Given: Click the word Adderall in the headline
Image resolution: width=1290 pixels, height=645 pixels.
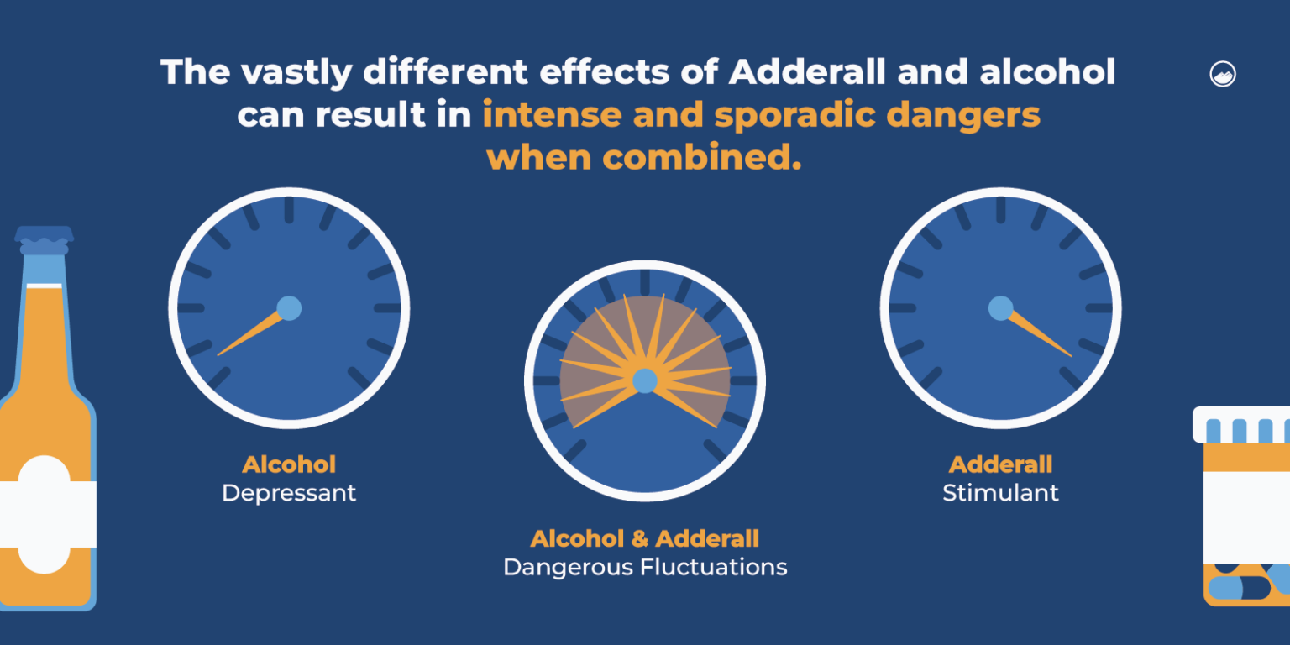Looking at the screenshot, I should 807,72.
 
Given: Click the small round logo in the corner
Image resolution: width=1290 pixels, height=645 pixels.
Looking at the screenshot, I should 1222,74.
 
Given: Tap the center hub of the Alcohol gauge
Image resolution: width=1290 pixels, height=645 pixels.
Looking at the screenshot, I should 288,308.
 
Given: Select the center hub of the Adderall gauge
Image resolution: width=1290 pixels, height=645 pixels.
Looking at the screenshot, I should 1000,308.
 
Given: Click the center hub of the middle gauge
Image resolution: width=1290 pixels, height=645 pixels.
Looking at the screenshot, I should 644,381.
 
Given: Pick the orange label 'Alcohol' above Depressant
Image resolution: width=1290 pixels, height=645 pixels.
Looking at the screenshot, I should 289,464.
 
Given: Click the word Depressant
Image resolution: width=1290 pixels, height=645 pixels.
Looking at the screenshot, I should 289,493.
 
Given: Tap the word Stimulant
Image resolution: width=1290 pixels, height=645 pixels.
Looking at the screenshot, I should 1000,493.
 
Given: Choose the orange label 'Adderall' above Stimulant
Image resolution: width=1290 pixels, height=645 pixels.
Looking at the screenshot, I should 1000,464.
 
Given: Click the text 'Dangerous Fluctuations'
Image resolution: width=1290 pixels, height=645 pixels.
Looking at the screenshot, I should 645,568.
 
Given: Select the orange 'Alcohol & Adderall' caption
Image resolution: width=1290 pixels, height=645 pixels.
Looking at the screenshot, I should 645,538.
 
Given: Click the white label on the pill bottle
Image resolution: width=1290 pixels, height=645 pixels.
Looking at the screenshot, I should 1247,516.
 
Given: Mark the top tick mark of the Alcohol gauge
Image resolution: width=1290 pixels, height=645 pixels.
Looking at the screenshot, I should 289,210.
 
